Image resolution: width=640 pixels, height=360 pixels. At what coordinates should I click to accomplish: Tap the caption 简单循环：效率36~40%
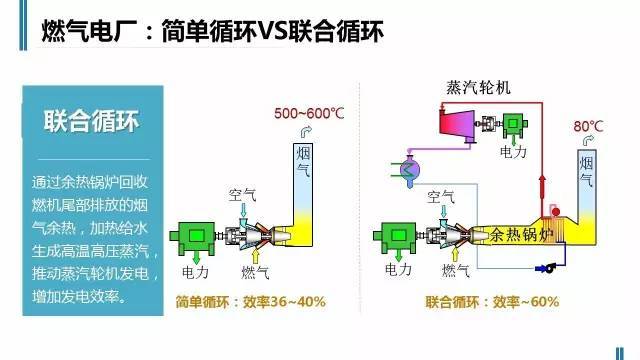coord(250,301)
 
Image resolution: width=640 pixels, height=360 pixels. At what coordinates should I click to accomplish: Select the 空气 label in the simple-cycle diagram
coord(243,197)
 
